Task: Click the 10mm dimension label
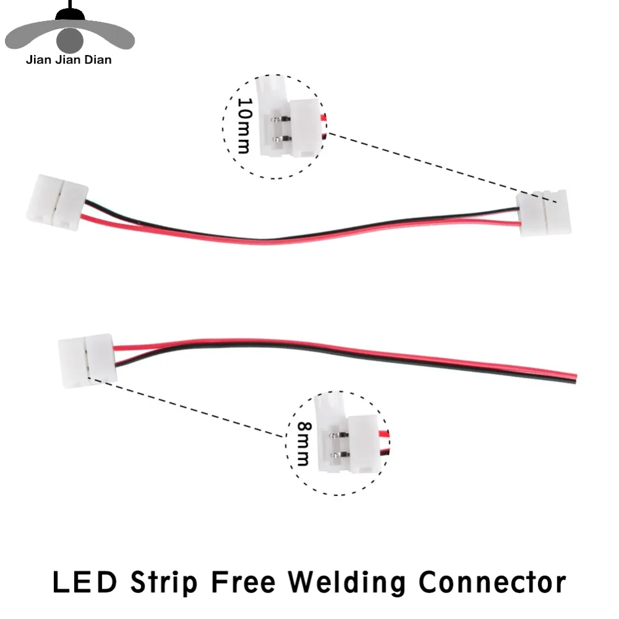[x=245, y=126]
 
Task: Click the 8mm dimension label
[x=305, y=444]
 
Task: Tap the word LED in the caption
[x=85, y=582]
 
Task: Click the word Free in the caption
[x=243, y=582]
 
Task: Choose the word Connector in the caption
[x=492, y=582]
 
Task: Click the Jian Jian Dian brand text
[x=69, y=60]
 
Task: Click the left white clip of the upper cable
[x=58, y=202]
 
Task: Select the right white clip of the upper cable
[x=544, y=213]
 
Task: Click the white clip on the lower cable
[x=87, y=361]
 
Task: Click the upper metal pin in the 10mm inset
[x=280, y=119]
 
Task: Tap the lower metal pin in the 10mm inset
[x=282, y=139]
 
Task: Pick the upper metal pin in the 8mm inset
[x=339, y=435]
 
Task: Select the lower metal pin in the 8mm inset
[x=340, y=455]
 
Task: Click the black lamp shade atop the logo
[x=71, y=15]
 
